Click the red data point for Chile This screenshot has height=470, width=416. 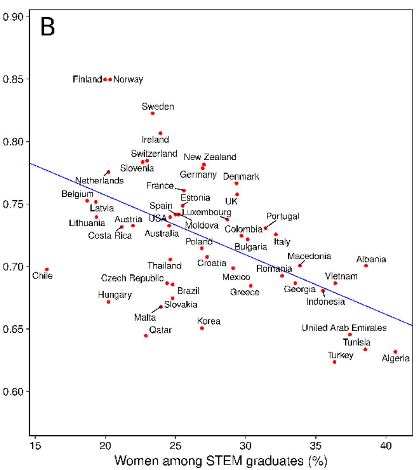pos(47,270)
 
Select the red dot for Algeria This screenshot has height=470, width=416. pos(395,352)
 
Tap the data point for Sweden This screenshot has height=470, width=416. pos(153,114)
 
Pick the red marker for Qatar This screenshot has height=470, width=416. pos(146,336)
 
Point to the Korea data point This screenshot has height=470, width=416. pos(202,328)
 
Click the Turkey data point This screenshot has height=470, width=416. pos(335,362)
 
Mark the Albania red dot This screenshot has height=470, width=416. pos(366,266)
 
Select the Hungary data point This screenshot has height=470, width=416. pos(109,302)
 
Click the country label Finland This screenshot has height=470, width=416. pos(87,79)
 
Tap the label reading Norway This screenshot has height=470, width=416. pos(128,79)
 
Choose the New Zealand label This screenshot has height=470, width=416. pos(210,157)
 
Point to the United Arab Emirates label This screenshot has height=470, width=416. pos(344,328)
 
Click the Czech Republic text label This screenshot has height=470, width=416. pos(132,278)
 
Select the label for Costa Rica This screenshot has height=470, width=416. pos(110,236)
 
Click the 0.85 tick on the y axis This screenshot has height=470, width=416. pos(13,79)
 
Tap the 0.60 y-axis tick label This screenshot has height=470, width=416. pos(13,392)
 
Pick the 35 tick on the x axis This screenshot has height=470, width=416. pos(316,446)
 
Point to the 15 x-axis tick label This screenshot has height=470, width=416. pos(35,446)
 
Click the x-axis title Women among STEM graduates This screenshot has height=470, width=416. pos(221,461)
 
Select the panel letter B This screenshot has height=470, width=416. pos(48,27)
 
